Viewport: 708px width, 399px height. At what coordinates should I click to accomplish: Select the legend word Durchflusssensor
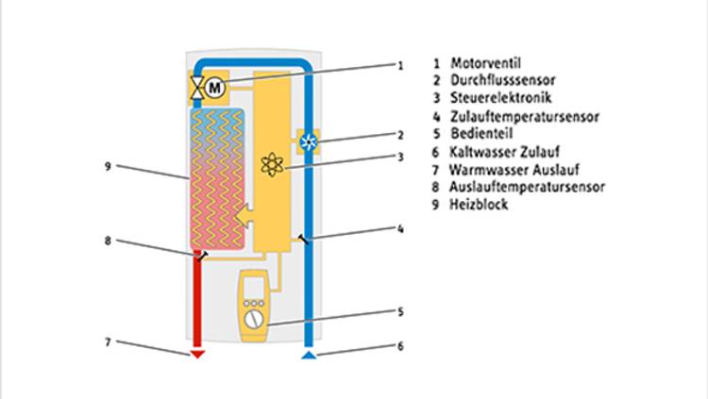[x=502, y=80]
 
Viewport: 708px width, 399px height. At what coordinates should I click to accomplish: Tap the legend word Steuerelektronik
[x=500, y=97]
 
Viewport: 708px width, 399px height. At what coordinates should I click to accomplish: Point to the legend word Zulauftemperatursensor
[x=525, y=116]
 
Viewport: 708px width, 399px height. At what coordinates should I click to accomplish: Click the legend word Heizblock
[x=479, y=205]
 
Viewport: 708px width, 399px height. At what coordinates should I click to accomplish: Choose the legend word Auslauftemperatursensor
[x=527, y=187]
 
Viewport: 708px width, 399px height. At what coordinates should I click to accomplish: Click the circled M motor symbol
[x=215, y=87]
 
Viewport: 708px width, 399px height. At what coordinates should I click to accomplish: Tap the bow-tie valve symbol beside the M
[x=197, y=88]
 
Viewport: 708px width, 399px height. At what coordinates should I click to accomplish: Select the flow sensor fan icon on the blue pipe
[x=309, y=142]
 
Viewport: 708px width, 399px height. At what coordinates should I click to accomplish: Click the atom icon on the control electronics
[x=272, y=165]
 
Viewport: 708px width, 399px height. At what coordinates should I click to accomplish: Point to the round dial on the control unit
[x=254, y=320]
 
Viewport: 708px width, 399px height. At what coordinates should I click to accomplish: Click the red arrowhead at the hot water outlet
[x=197, y=354]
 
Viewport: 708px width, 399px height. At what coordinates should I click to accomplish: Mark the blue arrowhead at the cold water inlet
[x=309, y=355]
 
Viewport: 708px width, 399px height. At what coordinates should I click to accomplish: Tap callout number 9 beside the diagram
[x=108, y=167]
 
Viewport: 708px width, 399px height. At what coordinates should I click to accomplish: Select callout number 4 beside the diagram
[x=400, y=229]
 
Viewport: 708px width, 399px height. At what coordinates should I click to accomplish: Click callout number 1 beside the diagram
[x=400, y=66]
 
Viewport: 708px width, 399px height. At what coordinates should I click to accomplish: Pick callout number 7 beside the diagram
[x=108, y=342]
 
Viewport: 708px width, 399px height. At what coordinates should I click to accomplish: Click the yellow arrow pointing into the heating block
[x=244, y=215]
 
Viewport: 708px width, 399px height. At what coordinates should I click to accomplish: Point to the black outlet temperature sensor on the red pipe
[x=201, y=256]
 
